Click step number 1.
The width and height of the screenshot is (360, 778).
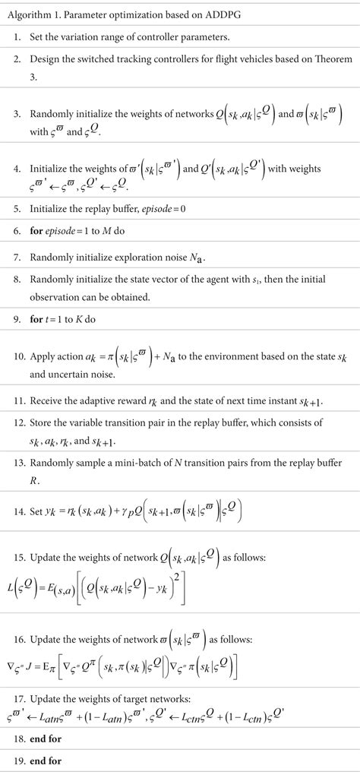pyautogui.click(x=17, y=36)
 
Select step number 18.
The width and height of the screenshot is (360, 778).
pyautogui.click(x=17, y=738)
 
